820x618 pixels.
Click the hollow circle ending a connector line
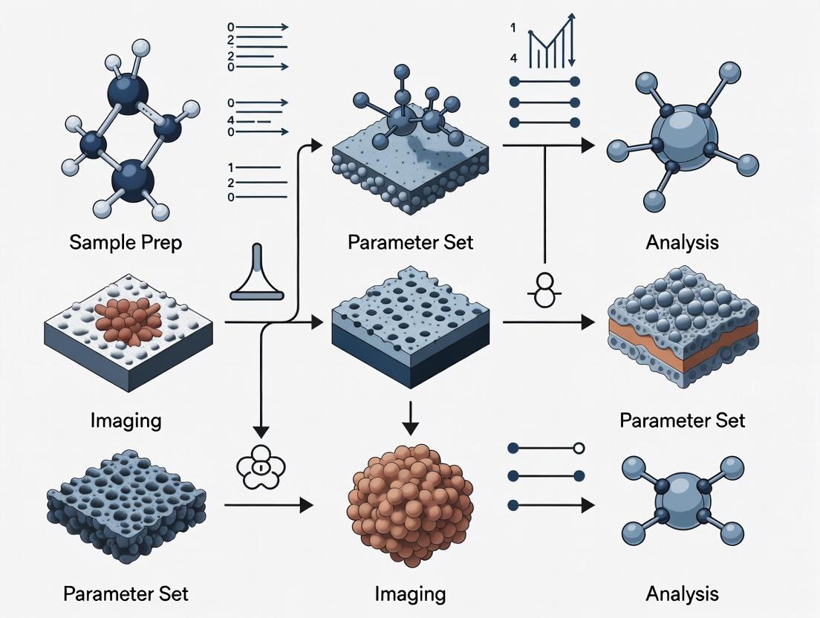[579, 449]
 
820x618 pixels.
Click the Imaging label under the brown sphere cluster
[410, 593]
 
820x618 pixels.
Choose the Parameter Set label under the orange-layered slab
[682, 420]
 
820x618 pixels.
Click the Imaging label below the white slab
[125, 420]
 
